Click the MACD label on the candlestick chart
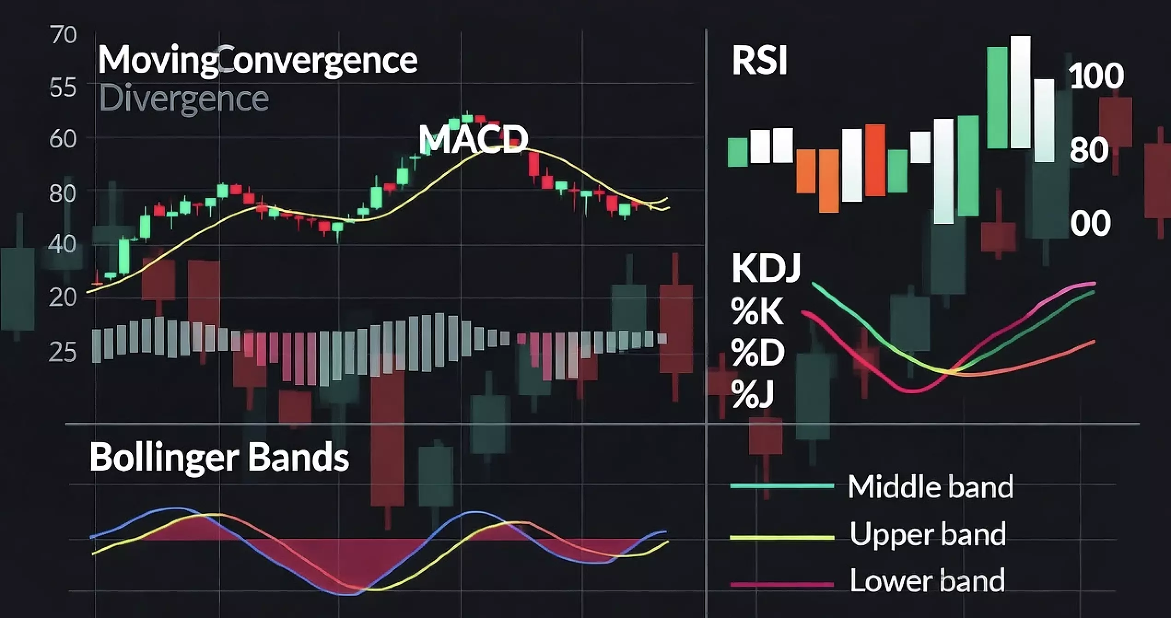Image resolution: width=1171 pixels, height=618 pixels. click(473, 139)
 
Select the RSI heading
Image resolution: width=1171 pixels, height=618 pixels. click(760, 60)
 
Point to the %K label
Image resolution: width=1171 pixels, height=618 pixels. click(757, 311)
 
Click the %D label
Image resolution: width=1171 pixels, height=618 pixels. click(758, 352)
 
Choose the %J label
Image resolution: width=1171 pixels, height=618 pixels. click(752, 394)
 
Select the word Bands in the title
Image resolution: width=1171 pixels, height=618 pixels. click(299, 457)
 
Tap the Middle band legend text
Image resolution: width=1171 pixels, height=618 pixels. click(931, 487)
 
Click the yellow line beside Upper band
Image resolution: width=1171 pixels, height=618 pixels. click(782, 537)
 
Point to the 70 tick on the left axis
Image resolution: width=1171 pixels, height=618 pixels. click(63, 35)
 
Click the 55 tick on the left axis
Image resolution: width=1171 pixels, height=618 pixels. click(63, 87)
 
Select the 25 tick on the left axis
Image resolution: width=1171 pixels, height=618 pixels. click(62, 352)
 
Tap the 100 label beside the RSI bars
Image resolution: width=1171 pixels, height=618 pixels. click(1096, 76)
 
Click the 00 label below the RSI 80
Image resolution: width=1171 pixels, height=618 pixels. click(1090, 223)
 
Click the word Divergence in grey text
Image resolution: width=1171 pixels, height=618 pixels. click(184, 99)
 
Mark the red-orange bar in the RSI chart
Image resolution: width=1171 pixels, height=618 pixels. click(875, 160)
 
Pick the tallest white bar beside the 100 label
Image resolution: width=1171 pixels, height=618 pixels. click(1020, 92)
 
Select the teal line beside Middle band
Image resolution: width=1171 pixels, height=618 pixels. click(782, 486)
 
